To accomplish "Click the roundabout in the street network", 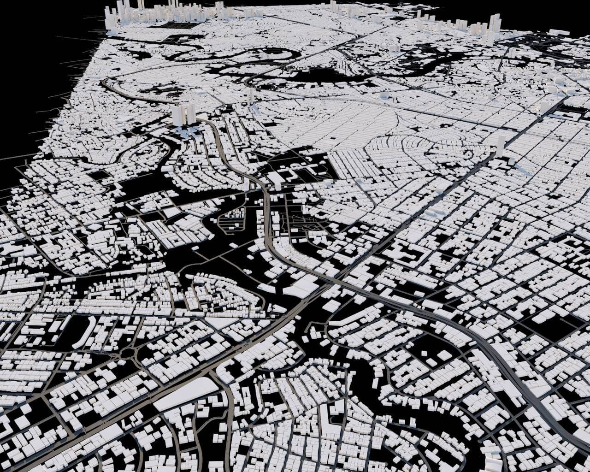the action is tap(128, 354).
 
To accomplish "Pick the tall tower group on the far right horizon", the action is tap(493, 28).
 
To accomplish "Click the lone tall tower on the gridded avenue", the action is tap(501, 145).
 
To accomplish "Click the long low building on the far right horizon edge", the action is tap(560, 32).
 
